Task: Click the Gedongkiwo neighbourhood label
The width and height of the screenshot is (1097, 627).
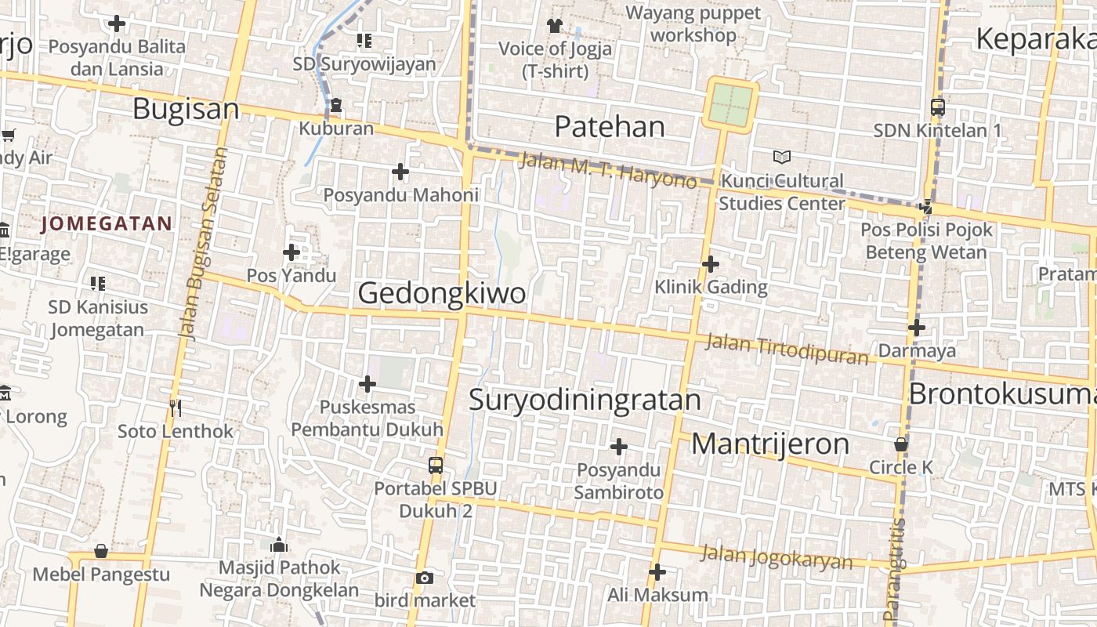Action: pos(442,293)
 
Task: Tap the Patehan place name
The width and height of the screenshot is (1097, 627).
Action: pos(610,126)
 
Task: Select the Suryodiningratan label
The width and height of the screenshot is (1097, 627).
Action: pos(585,400)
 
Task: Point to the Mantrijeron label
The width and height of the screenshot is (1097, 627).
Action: pos(770,444)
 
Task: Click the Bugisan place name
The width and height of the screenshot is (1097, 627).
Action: pos(186,109)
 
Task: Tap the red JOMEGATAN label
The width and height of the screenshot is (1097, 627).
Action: pos(107,224)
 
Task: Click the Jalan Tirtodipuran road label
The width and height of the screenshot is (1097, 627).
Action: pos(787,349)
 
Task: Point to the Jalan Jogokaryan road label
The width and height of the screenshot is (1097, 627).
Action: pos(776,556)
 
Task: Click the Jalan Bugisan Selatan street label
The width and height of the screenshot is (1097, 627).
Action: pos(202,243)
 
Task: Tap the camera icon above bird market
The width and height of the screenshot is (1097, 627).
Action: pos(425,578)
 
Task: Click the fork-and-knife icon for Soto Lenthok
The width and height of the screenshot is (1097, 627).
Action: pos(176,408)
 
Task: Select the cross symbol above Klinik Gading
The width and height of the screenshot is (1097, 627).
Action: pos(711,264)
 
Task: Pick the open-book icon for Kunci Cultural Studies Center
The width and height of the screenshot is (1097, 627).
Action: pos(781,158)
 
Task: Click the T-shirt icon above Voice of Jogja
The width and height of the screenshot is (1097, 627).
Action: pos(555,26)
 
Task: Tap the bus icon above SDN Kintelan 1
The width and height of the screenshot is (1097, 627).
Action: pos(937,107)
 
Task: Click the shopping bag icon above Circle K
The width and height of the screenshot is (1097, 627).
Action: pos(901,444)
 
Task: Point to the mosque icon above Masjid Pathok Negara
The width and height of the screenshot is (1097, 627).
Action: pos(279,545)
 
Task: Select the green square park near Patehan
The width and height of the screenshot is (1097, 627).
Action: pos(731,105)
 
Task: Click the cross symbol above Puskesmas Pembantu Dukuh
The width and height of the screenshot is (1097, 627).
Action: pos(367,384)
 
